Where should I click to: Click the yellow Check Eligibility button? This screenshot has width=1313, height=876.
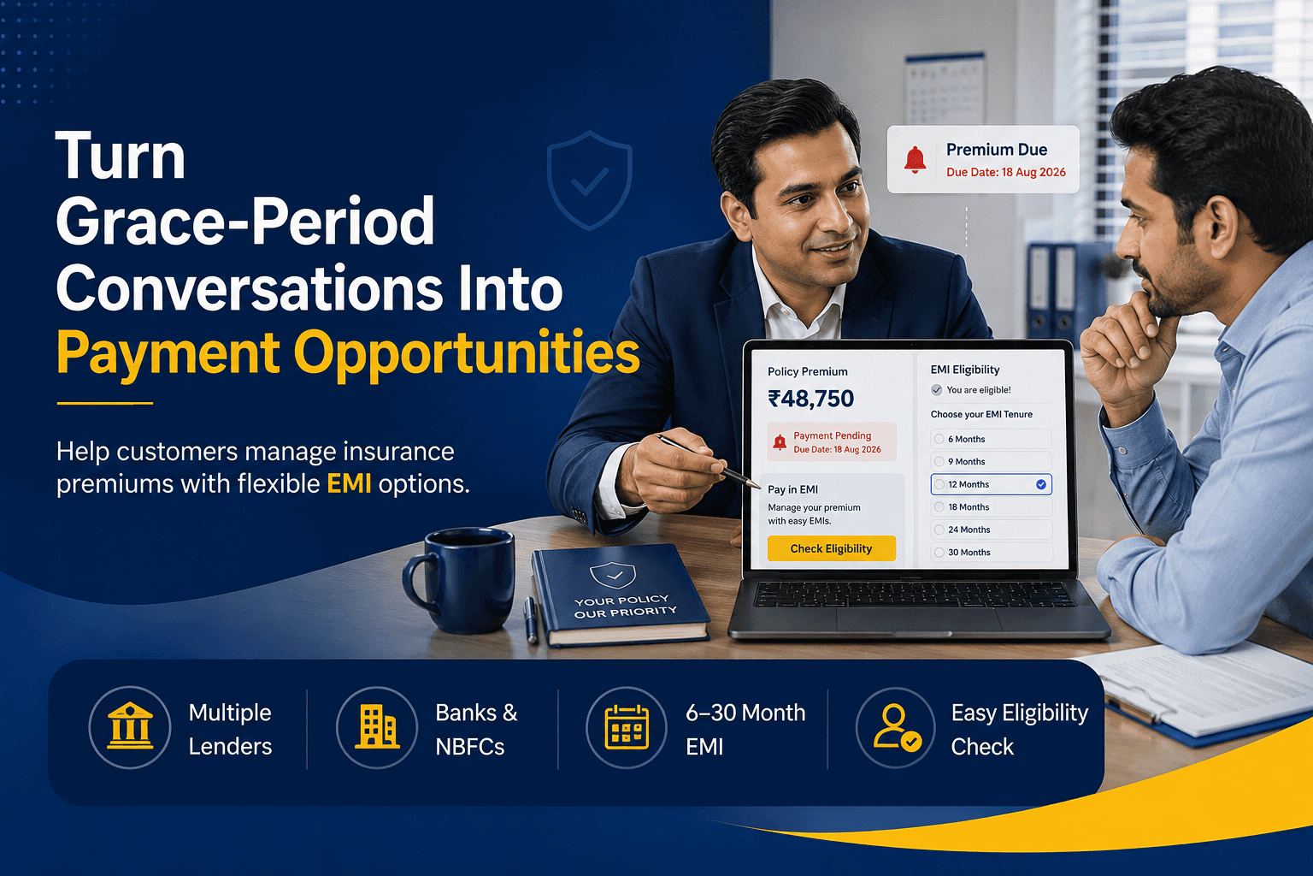[831, 548]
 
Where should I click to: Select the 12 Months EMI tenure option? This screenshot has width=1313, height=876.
[992, 485]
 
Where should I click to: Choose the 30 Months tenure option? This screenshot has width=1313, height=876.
[992, 552]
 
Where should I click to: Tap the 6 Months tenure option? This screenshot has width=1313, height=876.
[992, 439]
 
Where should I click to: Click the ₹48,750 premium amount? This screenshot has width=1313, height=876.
[810, 399]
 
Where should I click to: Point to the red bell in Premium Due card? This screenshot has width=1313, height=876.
[915, 160]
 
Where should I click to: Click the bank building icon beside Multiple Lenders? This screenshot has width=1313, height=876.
[130, 726]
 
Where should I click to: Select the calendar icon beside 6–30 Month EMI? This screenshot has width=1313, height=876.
[627, 727]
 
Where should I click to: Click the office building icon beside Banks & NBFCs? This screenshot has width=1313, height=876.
[377, 726]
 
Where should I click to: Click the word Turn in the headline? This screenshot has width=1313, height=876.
[121, 156]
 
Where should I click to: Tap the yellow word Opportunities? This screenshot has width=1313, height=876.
[467, 354]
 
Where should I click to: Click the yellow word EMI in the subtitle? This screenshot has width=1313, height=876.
[349, 484]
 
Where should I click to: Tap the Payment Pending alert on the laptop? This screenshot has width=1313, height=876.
[832, 441]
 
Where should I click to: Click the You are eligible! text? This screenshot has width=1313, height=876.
[978, 390]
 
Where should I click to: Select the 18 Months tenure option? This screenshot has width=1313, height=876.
[992, 507]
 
